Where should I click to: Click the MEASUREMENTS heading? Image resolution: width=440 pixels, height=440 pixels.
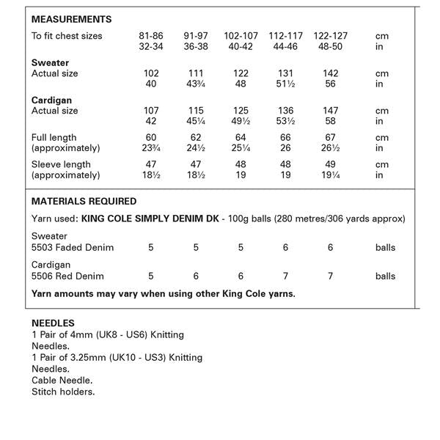71,20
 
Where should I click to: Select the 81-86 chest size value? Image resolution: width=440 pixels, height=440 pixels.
151,36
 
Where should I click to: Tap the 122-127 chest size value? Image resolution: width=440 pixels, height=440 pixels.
331,36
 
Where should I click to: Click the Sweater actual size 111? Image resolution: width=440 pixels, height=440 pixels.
196,73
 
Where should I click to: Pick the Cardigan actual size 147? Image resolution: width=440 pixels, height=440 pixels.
331,111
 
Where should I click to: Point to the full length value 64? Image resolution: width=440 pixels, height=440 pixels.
241,137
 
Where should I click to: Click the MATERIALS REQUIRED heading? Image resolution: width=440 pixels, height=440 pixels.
84,201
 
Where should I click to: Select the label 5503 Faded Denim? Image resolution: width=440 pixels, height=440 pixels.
73,247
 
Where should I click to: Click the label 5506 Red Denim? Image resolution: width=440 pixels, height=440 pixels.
67,276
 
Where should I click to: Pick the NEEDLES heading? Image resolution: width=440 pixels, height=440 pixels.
53,323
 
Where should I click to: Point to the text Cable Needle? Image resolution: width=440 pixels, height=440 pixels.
62,381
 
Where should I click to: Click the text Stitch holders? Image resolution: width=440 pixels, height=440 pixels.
63,392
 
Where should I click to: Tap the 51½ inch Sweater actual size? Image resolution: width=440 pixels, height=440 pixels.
286,84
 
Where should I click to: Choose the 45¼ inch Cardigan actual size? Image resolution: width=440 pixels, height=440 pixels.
196,122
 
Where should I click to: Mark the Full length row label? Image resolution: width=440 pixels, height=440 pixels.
54,137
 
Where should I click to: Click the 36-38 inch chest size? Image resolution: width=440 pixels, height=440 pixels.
196,47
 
